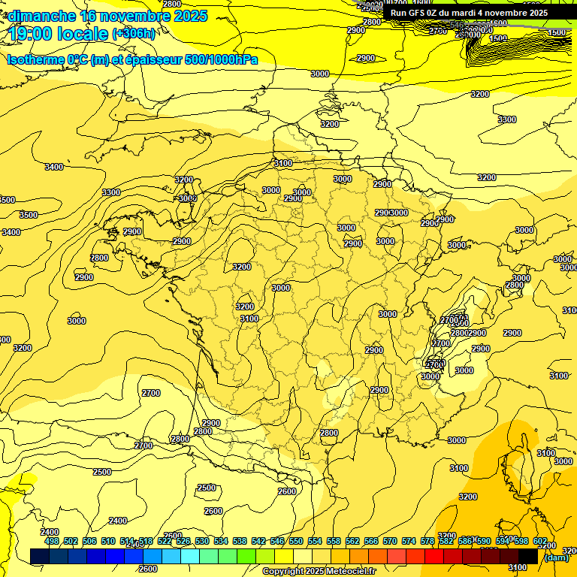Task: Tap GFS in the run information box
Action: (x=417, y=13)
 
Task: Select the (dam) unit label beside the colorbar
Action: (x=556, y=557)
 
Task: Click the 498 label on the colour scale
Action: (x=52, y=541)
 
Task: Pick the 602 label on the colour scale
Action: (x=540, y=541)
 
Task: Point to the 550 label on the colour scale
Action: (x=296, y=541)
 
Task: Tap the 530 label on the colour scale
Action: (x=202, y=541)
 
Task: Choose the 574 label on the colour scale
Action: (x=409, y=541)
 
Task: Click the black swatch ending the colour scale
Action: (x=528, y=556)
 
